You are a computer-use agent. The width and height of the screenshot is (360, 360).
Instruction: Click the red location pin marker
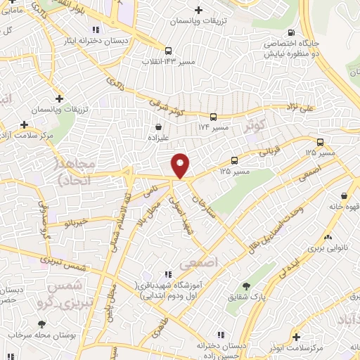pyautogui.click(x=181, y=165)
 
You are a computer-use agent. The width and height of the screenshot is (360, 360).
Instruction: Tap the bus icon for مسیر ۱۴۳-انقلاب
pyautogui.click(x=168, y=51)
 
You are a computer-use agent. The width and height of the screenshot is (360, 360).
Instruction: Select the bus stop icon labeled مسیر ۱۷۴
pyautogui.click(x=213, y=117)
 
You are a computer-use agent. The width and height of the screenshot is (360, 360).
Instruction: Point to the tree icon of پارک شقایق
pyautogui.click(x=245, y=286)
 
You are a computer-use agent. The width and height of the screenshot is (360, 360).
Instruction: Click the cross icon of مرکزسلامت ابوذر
pyautogui.click(x=296, y=336)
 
